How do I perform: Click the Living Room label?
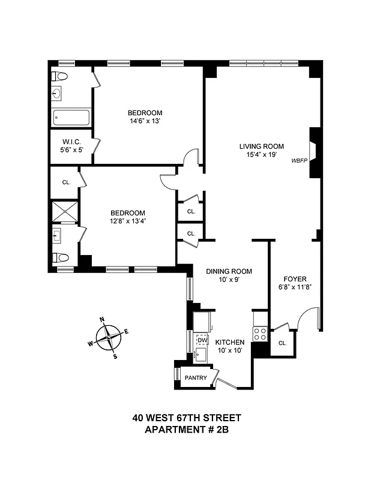click(x=261, y=146)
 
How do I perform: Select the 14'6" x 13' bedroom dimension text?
click(x=145, y=121)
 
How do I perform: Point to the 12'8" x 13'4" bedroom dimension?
click(x=128, y=221)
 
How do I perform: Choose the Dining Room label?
click(x=229, y=271)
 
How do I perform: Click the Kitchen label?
click(x=230, y=342)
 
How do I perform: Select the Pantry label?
click(x=196, y=378)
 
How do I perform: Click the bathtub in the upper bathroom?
click(x=71, y=117)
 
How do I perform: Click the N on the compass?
click(x=102, y=320)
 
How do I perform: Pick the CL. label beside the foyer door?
click(x=282, y=343)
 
